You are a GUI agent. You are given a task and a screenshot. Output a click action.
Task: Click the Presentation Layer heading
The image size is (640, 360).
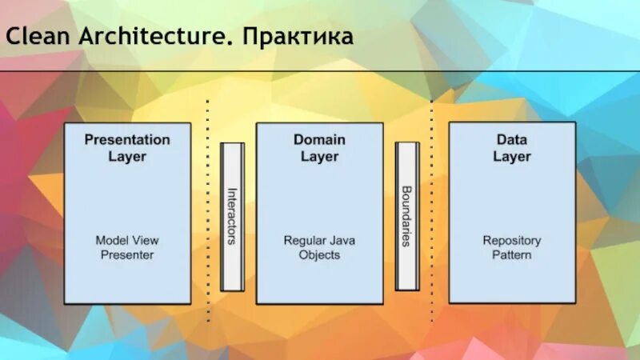(x=127, y=147)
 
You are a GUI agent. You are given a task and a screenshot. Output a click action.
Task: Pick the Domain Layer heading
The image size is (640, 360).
(x=319, y=147)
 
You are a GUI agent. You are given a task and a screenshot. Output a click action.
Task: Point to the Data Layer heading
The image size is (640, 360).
(x=511, y=147)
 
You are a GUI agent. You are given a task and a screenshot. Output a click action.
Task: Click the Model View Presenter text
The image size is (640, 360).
(x=127, y=247)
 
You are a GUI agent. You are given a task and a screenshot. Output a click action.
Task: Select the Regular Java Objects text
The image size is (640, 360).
(x=319, y=247)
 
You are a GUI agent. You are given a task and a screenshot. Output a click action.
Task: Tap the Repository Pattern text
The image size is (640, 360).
(x=511, y=247)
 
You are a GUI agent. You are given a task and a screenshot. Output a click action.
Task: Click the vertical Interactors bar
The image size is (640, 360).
(x=232, y=217)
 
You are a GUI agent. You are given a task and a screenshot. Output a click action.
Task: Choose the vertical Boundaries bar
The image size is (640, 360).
(x=406, y=217)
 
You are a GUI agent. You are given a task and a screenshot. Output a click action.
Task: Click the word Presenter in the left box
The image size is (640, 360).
(x=127, y=255)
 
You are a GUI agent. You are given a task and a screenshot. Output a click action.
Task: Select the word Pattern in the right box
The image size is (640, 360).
(x=511, y=255)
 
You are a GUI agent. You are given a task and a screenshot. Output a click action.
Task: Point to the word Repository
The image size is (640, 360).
(x=511, y=240)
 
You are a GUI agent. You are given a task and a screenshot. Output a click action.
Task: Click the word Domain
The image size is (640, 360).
(x=319, y=139)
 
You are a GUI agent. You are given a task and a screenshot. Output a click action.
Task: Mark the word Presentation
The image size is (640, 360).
(x=127, y=139)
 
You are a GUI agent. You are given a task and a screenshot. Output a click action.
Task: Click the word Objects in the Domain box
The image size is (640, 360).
(x=319, y=255)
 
